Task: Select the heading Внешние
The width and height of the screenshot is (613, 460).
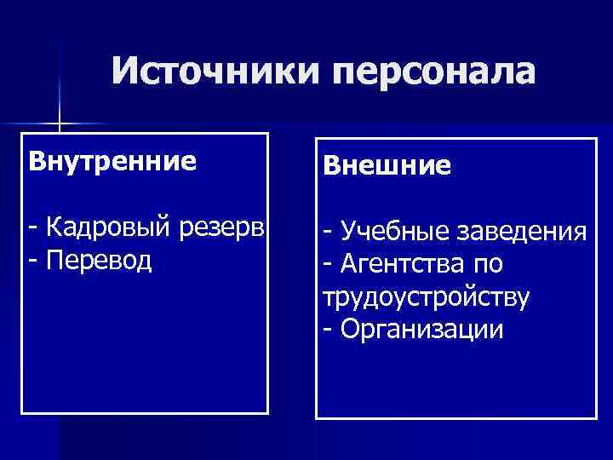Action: coord(387,165)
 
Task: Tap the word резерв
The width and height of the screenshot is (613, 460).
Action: coord(223,229)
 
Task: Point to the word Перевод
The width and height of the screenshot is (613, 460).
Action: coord(100,259)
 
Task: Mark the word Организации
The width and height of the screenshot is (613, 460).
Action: coord(421,329)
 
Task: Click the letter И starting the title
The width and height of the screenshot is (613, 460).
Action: coord(124,72)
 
